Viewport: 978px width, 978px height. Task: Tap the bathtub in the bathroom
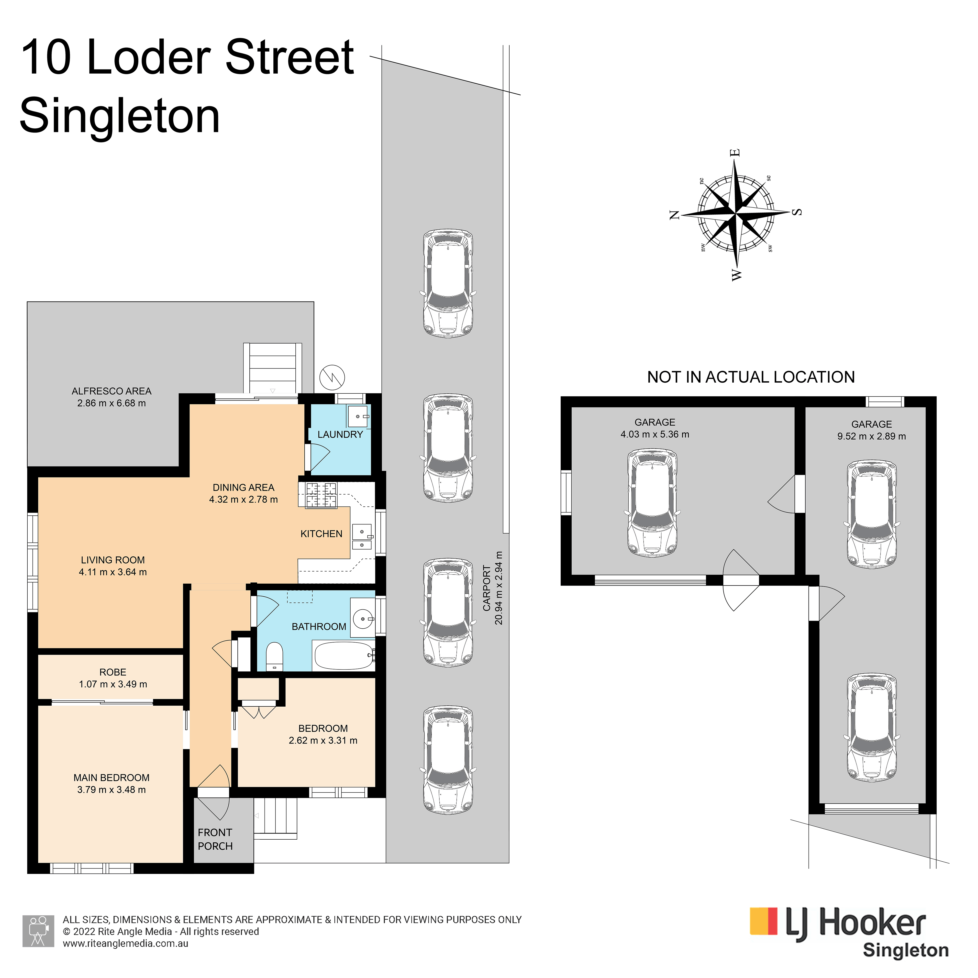click(343, 656)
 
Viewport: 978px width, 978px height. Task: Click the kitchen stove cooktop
click(321, 495)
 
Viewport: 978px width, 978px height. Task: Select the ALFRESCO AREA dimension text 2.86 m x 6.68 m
click(111, 403)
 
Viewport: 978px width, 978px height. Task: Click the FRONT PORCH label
click(215, 839)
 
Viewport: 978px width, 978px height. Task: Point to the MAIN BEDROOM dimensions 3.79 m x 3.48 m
click(111, 790)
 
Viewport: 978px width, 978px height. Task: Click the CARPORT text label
click(487, 588)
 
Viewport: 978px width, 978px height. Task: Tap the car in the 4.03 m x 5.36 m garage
click(652, 504)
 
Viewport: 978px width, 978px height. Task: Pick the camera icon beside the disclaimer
click(38, 932)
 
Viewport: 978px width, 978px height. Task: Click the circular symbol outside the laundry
click(332, 377)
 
